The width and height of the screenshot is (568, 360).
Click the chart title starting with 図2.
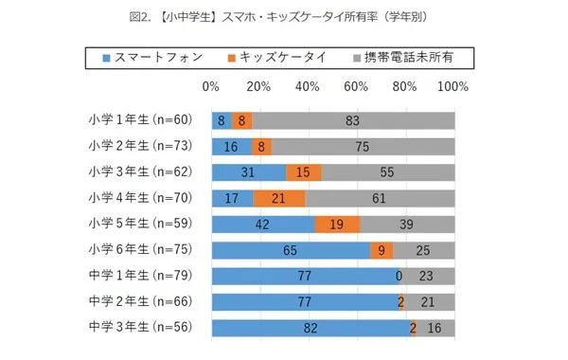[x=283, y=15]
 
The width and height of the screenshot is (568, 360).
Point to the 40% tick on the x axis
[x=308, y=86]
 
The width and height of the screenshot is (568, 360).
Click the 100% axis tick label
[x=453, y=86]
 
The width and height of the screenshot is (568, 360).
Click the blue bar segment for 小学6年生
[x=290, y=251]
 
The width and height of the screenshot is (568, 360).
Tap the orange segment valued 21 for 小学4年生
[x=278, y=198]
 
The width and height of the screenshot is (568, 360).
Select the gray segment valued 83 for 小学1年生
[x=352, y=120]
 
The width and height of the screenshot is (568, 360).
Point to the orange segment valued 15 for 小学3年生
[x=304, y=172]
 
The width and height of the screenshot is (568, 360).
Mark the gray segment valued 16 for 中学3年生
[x=435, y=329]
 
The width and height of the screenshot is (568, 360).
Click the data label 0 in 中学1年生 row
[x=399, y=277]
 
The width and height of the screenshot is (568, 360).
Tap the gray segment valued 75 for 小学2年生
[x=363, y=146]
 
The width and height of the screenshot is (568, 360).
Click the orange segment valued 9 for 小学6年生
[x=381, y=251]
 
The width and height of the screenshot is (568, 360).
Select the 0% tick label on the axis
[x=211, y=86]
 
